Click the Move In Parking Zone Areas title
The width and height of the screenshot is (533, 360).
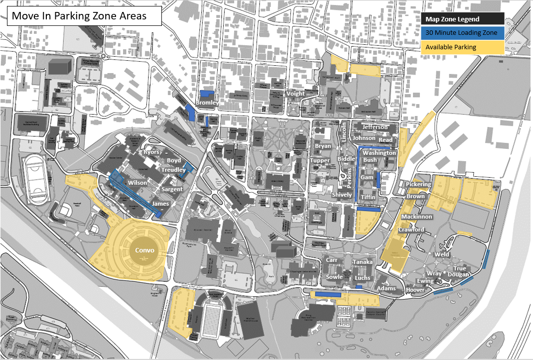(x=79, y=15)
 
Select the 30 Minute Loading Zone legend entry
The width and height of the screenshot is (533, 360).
(x=462, y=33)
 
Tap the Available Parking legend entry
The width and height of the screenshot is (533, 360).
(x=462, y=47)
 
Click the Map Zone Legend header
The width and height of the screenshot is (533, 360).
(x=462, y=19)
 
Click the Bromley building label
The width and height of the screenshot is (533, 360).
(x=207, y=103)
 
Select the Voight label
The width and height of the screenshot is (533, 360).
(x=296, y=94)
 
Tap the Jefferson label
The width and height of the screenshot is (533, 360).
(x=375, y=127)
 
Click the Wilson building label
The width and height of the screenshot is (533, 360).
(x=137, y=183)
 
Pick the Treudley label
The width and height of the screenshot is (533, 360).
(x=173, y=170)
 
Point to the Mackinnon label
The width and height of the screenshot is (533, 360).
(x=416, y=217)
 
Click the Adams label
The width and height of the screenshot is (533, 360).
(x=387, y=288)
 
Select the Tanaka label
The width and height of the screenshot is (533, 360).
(x=362, y=262)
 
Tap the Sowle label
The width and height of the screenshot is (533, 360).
(x=334, y=277)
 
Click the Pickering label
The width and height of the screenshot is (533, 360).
(x=418, y=185)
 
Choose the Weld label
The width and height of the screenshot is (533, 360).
(x=441, y=254)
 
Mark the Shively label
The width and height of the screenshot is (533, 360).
(x=342, y=195)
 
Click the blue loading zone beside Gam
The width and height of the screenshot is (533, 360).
(x=379, y=180)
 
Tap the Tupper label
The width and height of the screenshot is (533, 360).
(x=320, y=160)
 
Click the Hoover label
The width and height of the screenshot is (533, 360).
(x=415, y=290)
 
